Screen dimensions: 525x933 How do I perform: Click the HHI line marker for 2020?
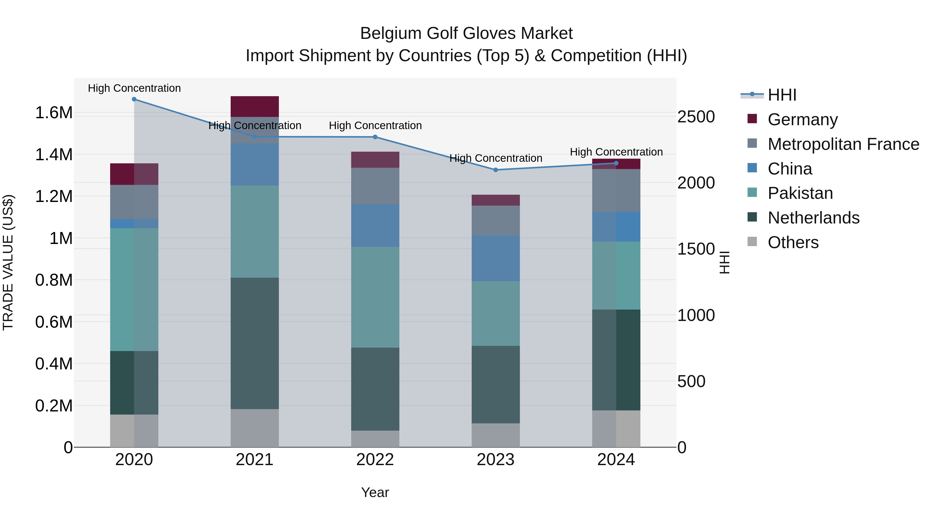tap(134, 99)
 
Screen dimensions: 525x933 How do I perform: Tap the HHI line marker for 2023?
tap(496, 170)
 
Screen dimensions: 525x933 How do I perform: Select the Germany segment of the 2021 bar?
tap(255, 107)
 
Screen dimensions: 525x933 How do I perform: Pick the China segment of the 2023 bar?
tap(496, 258)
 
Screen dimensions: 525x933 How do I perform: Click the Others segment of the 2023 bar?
tap(496, 435)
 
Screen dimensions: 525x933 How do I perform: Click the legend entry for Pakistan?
tap(800, 193)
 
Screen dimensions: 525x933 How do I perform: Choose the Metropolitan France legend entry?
tap(843, 144)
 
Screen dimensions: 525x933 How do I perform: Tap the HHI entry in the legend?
tap(782, 95)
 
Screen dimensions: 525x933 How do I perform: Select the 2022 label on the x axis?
tap(375, 460)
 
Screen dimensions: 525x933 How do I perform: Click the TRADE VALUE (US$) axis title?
tap(8, 262)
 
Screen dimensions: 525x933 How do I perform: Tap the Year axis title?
tap(375, 492)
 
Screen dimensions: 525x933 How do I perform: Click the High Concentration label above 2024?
tap(616, 152)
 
